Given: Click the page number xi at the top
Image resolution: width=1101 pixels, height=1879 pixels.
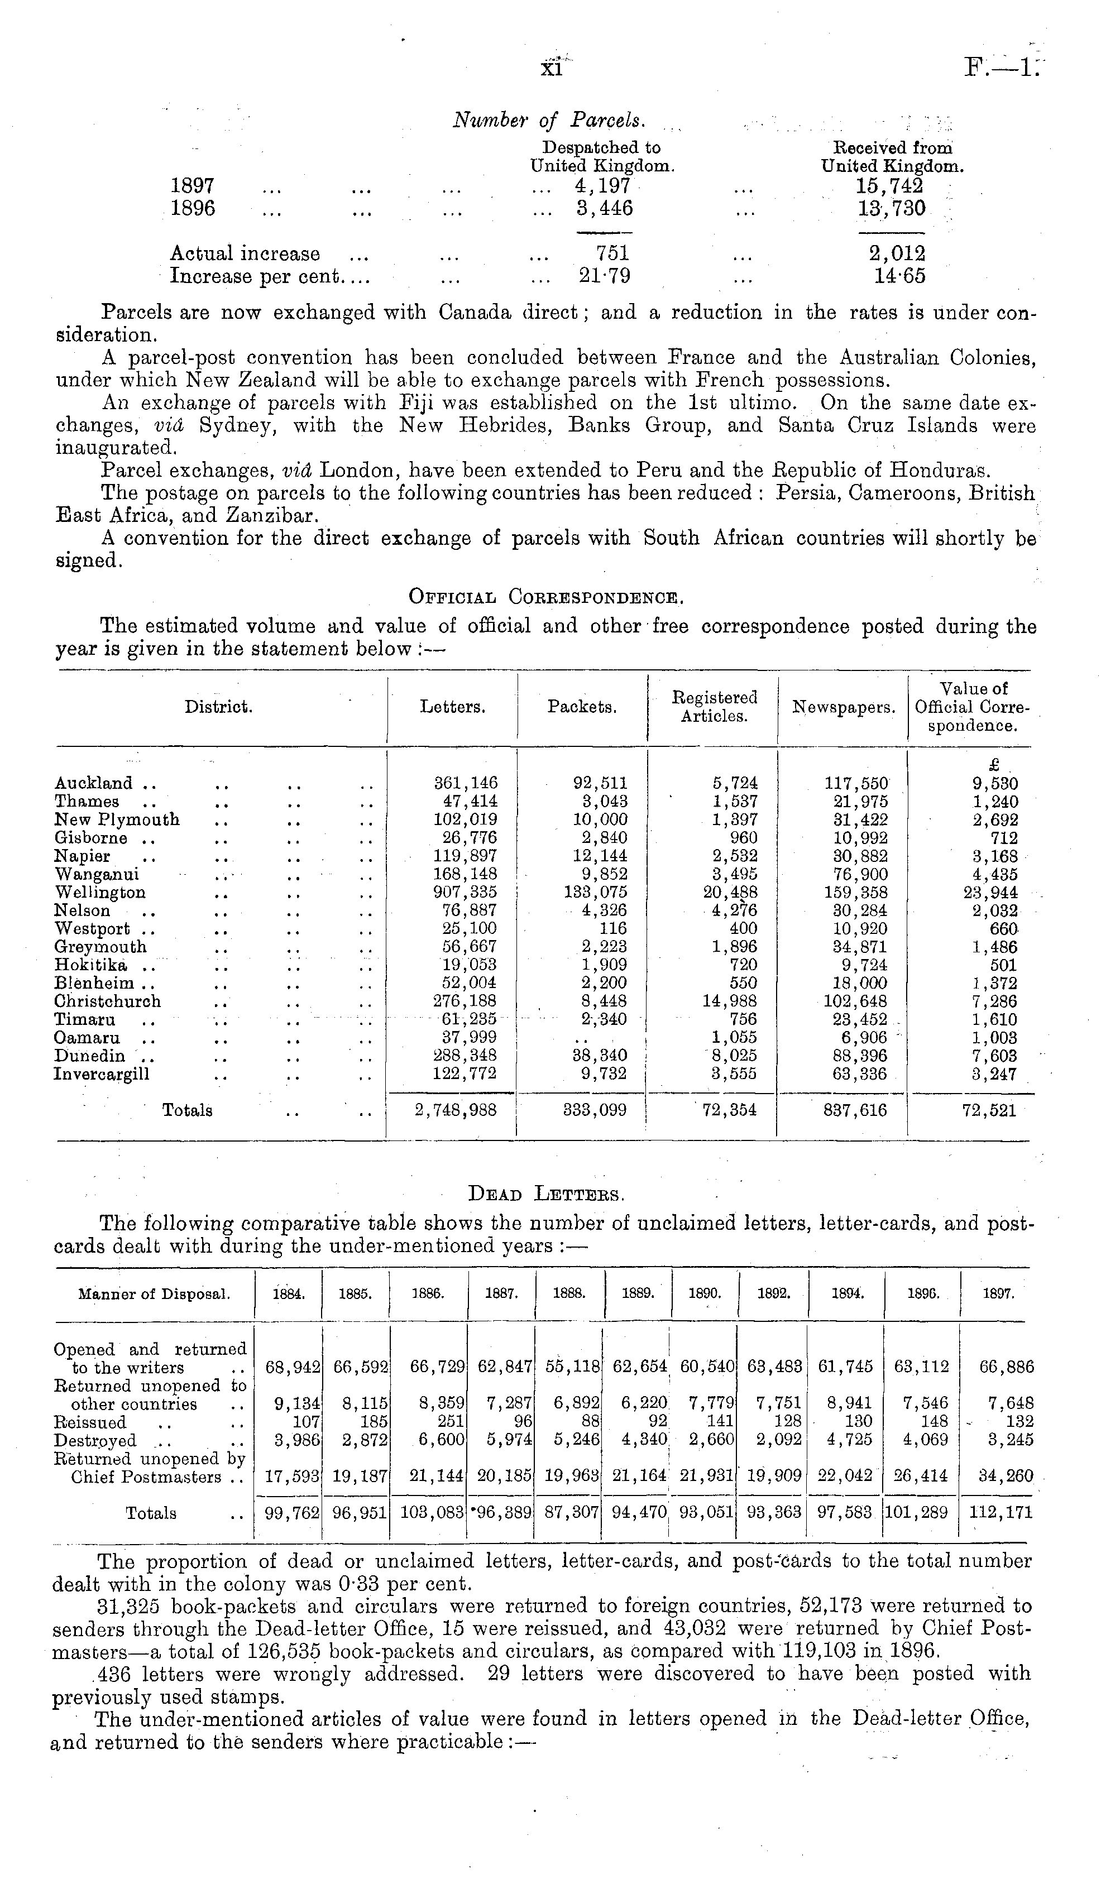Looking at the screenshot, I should pos(552,69).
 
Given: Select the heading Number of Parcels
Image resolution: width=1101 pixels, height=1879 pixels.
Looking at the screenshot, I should pos(550,120).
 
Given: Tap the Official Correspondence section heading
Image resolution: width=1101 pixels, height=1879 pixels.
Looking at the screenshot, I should pos(546,597).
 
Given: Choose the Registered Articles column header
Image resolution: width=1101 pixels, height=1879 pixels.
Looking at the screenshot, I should pos(714,706).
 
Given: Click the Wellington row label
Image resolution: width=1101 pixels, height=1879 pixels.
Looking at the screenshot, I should pos(100,893).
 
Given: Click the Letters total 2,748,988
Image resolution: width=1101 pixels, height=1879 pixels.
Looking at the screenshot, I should pos(456,1111).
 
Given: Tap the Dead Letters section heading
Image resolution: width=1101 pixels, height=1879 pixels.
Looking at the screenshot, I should pos(546,1195).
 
